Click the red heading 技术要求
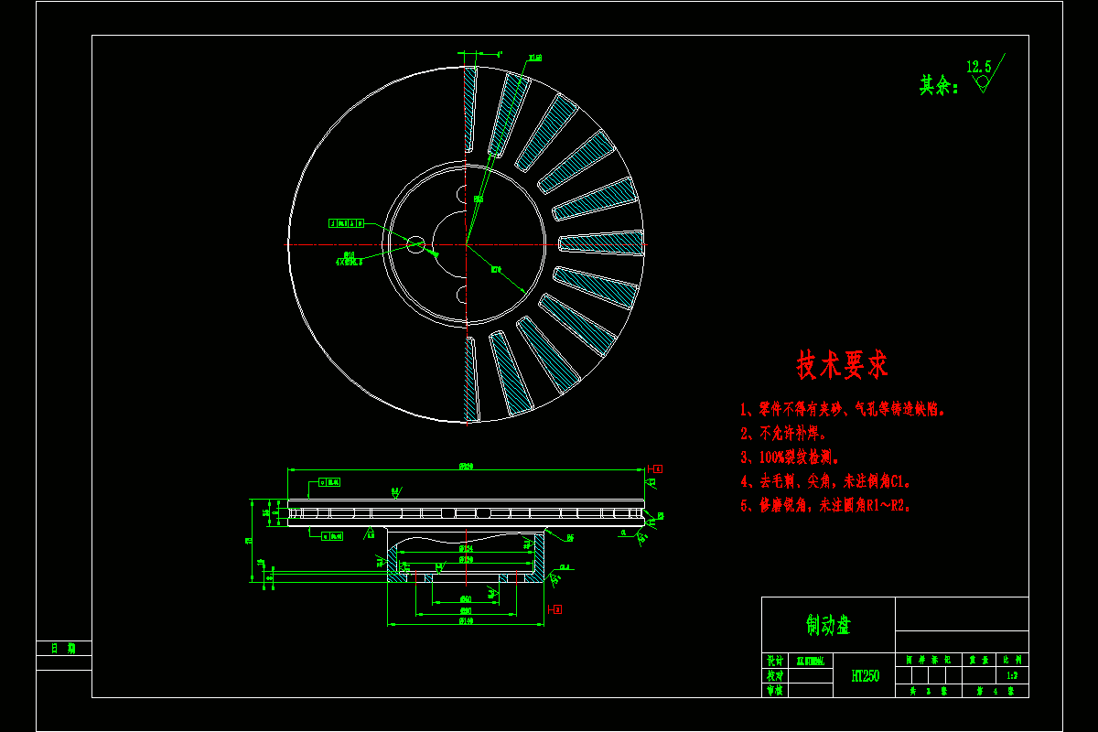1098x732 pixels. click(x=842, y=366)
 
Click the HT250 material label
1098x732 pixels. click(x=865, y=676)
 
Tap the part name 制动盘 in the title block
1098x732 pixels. click(x=828, y=625)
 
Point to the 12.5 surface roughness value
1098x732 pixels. click(x=978, y=67)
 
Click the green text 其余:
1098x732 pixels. click(x=939, y=86)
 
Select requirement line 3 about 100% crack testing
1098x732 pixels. click(x=790, y=457)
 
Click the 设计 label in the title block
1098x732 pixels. click(x=774, y=660)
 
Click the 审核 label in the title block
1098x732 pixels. click(x=774, y=691)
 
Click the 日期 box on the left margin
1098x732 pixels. click(x=64, y=648)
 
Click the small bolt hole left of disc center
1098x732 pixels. click(x=416, y=243)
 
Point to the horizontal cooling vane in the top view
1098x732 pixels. click(x=600, y=242)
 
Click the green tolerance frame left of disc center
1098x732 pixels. click(x=347, y=222)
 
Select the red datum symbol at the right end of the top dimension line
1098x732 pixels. click(x=657, y=468)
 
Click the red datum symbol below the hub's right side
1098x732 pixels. click(x=555, y=608)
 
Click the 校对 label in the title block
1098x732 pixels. click(x=774, y=675)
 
